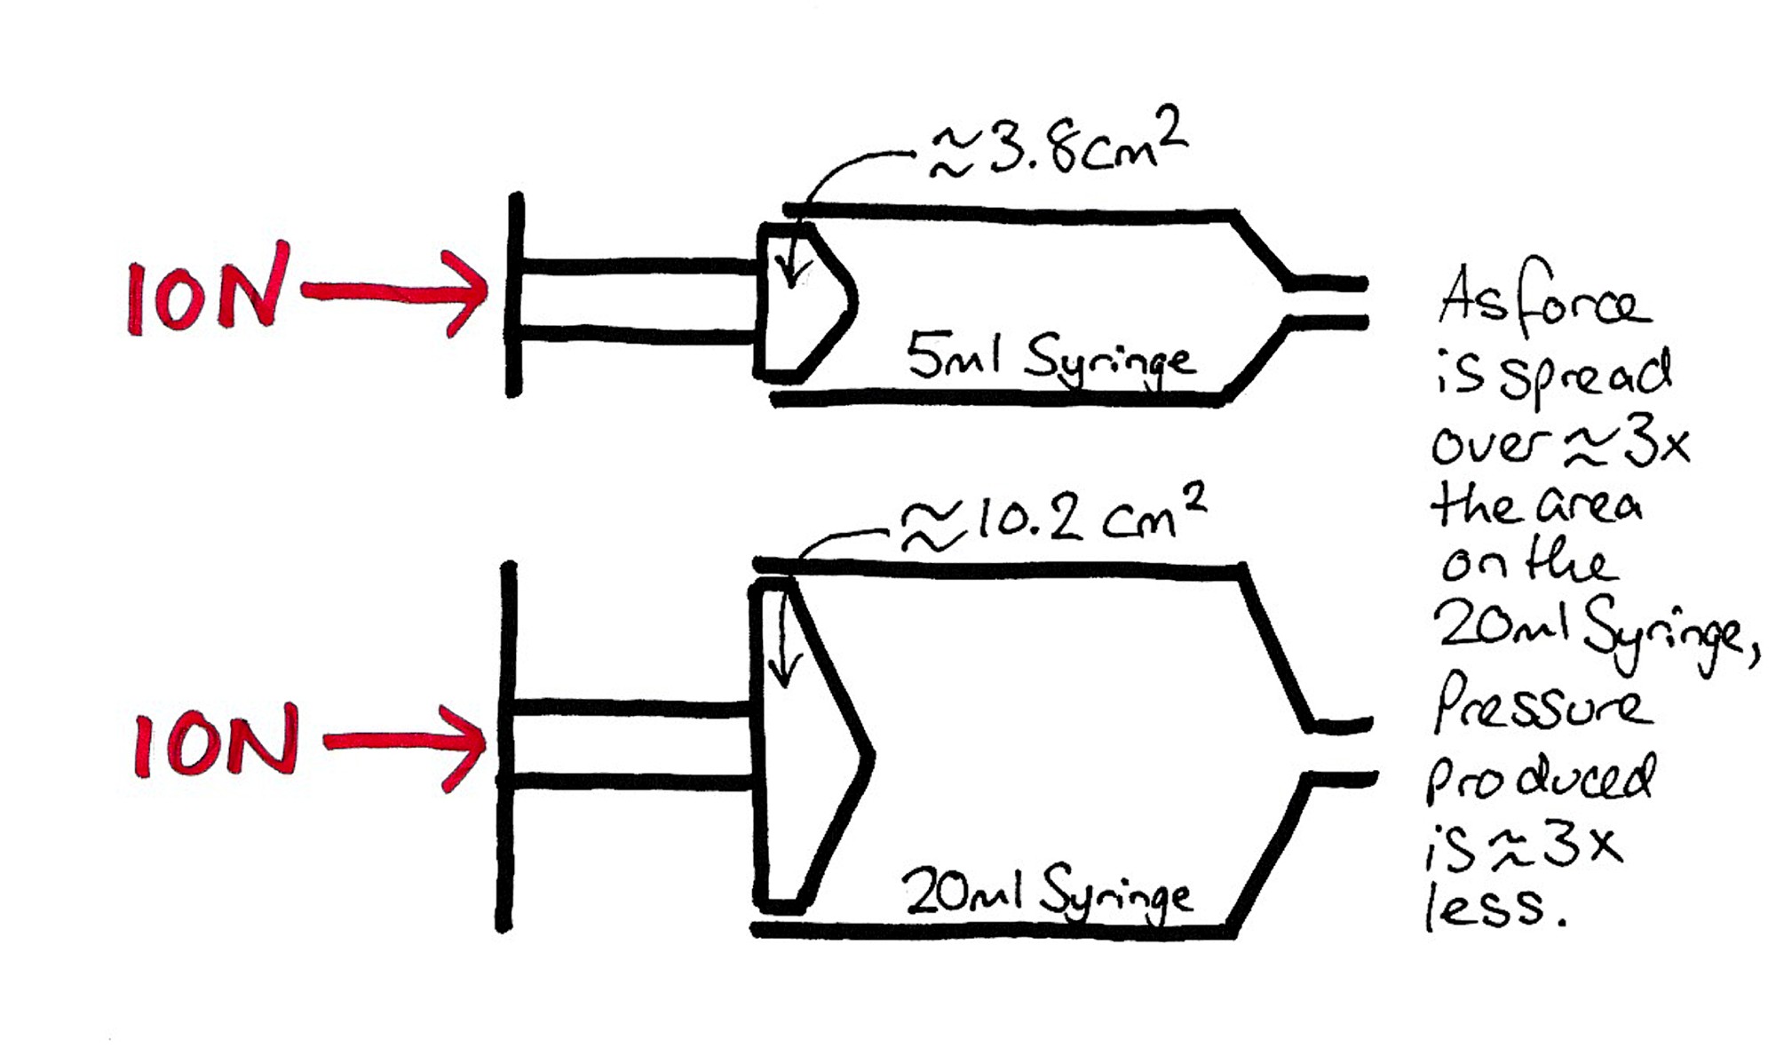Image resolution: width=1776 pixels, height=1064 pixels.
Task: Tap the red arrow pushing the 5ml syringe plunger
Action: [x=395, y=291]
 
